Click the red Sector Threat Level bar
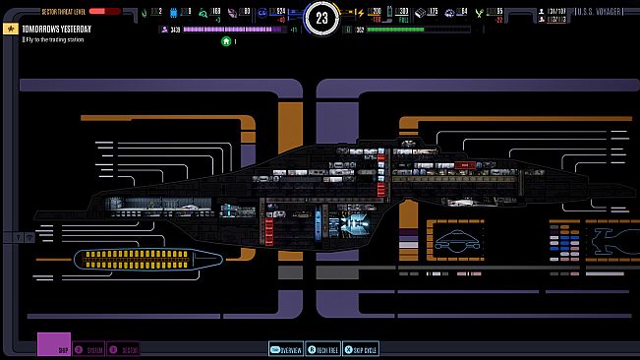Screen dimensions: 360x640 pos(104,11)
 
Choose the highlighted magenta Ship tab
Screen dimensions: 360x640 pos(54,346)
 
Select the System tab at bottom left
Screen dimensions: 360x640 pos(91,349)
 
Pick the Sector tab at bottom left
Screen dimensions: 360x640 pos(124,349)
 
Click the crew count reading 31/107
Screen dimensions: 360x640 pos(553,11)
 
